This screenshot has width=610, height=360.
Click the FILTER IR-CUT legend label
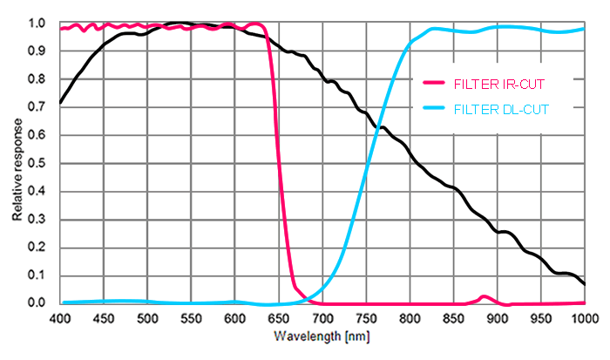pos(491,84)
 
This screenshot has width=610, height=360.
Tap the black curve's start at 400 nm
pos(61,103)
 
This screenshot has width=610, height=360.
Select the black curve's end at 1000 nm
pos(584,283)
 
